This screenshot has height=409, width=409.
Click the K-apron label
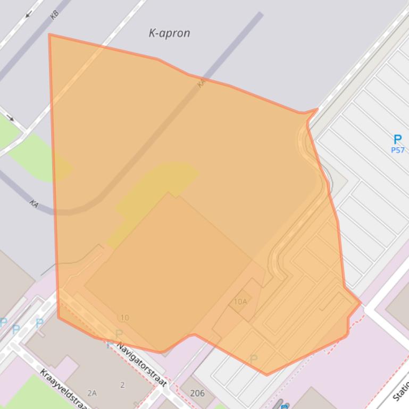[169, 33]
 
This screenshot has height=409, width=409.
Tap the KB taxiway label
[54, 15]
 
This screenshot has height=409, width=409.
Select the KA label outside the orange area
[34, 203]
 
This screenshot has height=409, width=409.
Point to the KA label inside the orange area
[201, 83]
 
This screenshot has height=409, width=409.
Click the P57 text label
[397, 150]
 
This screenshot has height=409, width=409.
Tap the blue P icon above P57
[397, 140]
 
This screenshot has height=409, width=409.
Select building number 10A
[240, 302]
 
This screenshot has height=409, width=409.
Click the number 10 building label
[124, 318]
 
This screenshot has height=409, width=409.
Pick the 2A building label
[92, 393]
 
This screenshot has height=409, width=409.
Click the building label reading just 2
[122, 385]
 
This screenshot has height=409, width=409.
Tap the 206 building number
[197, 394]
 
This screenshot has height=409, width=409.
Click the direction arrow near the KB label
[28, 14]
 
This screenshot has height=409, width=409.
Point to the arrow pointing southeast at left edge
[10, 117]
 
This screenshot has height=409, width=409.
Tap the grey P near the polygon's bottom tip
[254, 360]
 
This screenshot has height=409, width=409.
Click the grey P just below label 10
[119, 334]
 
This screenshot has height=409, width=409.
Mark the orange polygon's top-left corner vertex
[49, 35]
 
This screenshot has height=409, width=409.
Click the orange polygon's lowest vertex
[266, 374]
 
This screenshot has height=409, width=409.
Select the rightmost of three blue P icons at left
[39, 322]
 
